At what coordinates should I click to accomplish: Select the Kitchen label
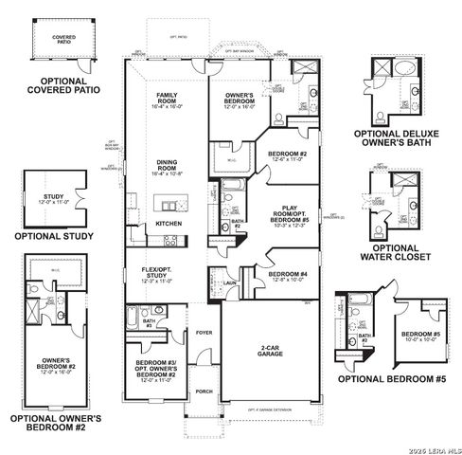point(169,223)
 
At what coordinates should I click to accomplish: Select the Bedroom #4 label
point(285,277)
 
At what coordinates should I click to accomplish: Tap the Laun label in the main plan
point(230,282)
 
